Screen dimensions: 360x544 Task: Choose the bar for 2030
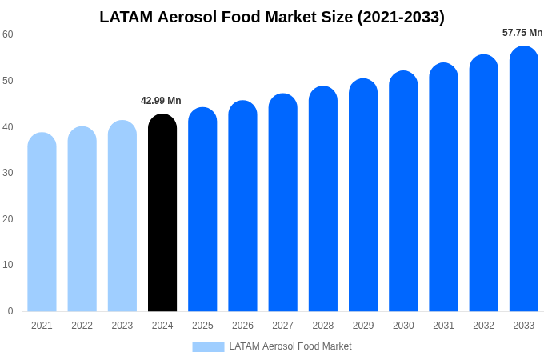click(x=403, y=191)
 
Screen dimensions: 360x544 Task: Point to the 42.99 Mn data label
click(x=161, y=101)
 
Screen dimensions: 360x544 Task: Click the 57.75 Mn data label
click(x=522, y=33)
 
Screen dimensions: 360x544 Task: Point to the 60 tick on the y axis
click(x=8, y=34)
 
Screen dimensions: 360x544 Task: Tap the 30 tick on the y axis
click(x=8, y=173)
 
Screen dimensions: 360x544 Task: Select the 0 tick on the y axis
click(x=10, y=311)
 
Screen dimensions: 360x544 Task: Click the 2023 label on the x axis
click(x=122, y=326)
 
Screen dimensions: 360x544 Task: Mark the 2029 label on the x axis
click(x=363, y=326)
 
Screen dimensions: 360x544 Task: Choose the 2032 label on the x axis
click(x=483, y=326)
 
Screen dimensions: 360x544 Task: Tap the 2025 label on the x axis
click(x=202, y=326)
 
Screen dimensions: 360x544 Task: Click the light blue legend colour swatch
click(x=208, y=347)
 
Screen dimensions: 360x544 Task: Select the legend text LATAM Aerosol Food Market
click(x=290, y=346)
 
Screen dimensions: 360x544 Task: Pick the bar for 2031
click(x=443, y=187)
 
